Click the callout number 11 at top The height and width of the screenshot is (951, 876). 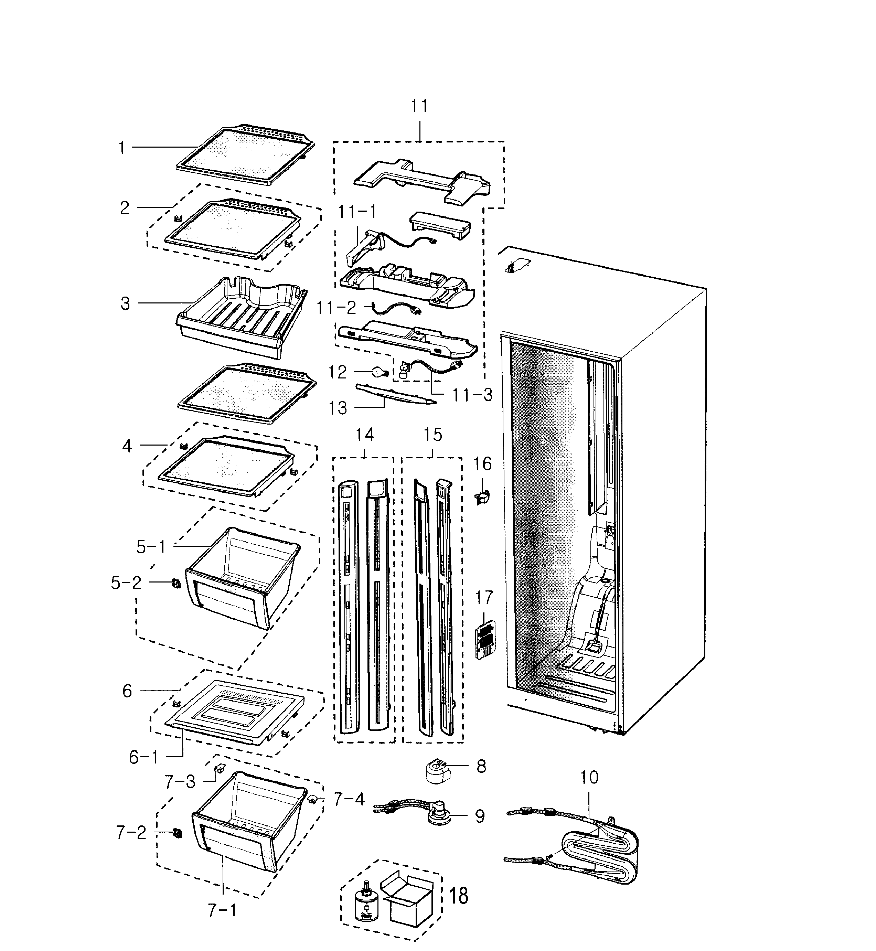pos(419,106)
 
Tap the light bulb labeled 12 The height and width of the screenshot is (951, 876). pos(380,373)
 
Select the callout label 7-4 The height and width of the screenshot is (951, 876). pos(349,799)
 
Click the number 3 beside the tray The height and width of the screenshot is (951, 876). pos(125,304)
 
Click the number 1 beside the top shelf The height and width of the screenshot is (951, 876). pos(121,148)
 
